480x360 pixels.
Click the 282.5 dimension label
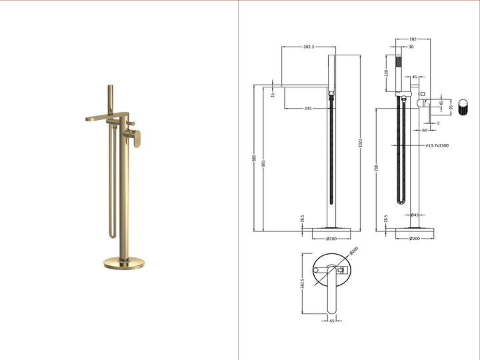click(x=309, y=47)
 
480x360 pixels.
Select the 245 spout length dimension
click(x=308, y=108)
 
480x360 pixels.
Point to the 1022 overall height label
click(x=361, y=143)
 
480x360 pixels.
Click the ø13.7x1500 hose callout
click(x=437, y=145)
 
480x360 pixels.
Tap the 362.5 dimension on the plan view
click(x=303, y=285)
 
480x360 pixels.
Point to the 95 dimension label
click(x=451, y=107)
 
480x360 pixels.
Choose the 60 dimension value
click(x=424, y=131)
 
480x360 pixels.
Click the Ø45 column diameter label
click(x=414, y=215)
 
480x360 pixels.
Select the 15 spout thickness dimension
click(x=273, y=95)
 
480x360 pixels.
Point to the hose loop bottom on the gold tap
click(x=113, y=234)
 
